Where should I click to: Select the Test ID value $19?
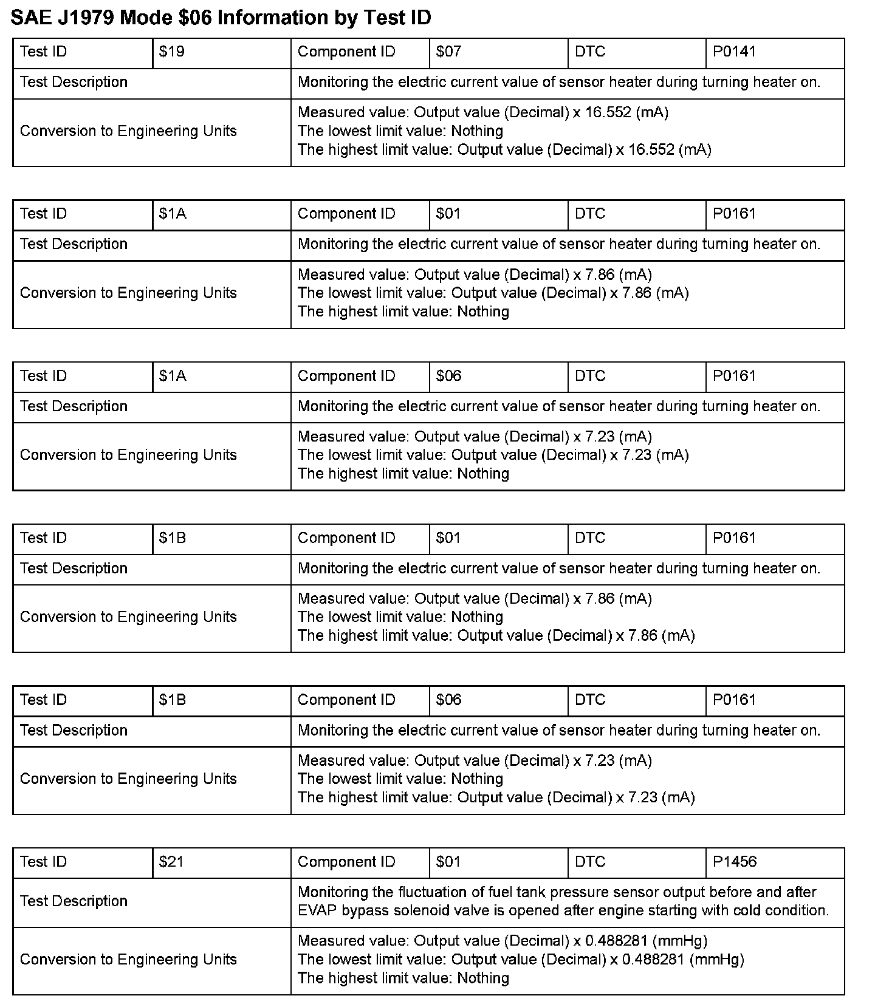[171, 52]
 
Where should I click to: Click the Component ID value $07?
[448, 52]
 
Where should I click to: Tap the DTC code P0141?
[734, 52]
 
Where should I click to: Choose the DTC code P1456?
[735, 862]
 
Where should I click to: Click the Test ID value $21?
[171, 862]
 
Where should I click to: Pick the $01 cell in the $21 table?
[448, 862]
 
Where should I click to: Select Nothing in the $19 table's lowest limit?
[477, 131]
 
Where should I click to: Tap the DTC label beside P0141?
[590, 52]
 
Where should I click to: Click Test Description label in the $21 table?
[74, 901]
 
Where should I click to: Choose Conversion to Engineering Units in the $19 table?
[128, 131]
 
